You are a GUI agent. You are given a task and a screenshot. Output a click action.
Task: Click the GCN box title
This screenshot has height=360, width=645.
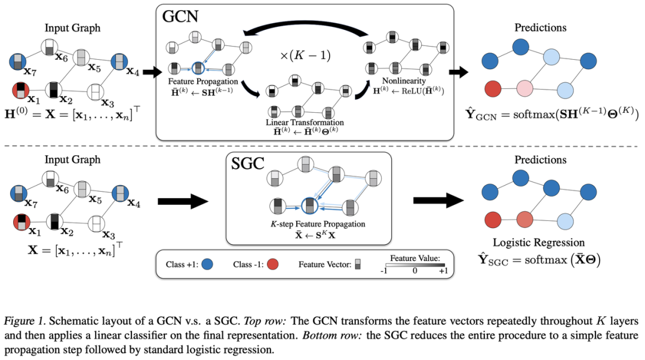coord(180,17)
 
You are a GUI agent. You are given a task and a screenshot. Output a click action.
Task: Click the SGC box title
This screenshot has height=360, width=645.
coord(248,164)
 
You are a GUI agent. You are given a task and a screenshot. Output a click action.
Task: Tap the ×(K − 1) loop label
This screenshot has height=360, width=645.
coord(305,55)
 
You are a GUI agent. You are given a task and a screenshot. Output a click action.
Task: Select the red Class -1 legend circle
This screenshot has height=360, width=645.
coord(273,264)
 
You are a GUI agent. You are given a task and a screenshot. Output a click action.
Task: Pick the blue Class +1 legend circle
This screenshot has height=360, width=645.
coord(207,264)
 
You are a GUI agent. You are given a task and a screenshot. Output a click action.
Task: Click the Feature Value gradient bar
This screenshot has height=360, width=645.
coord(414,265)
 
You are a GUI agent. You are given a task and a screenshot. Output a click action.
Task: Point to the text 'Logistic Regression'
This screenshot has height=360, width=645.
coord(539,242)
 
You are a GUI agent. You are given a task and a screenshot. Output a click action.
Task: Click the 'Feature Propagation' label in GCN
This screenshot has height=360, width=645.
coord(203,81)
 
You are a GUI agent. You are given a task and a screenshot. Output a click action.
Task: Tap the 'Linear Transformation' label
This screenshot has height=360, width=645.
coord(305,122)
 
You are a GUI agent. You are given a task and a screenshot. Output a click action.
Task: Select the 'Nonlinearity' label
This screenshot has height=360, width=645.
coord(404,81)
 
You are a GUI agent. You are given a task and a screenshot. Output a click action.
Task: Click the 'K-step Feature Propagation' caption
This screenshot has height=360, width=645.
coord(318,224)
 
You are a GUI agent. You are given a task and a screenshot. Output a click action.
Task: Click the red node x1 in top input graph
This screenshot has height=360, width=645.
coord(20,91)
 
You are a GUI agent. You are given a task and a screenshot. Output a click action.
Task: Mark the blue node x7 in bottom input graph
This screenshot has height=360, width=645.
coord(19,193)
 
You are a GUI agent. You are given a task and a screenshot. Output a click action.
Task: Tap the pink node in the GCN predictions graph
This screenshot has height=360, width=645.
coord(524,88)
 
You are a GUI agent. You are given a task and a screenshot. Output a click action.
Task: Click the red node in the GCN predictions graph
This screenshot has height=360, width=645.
coord(493,88)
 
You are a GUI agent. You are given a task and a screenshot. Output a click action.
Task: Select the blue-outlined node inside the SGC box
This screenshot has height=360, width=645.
coord(310,206)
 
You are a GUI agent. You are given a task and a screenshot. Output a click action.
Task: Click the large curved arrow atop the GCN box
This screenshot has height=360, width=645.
coord(305,27)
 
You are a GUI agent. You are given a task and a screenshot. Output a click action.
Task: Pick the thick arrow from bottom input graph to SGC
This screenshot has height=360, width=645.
coord(183,201)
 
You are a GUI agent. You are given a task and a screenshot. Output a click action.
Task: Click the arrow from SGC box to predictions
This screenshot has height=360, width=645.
coord(438,201)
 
